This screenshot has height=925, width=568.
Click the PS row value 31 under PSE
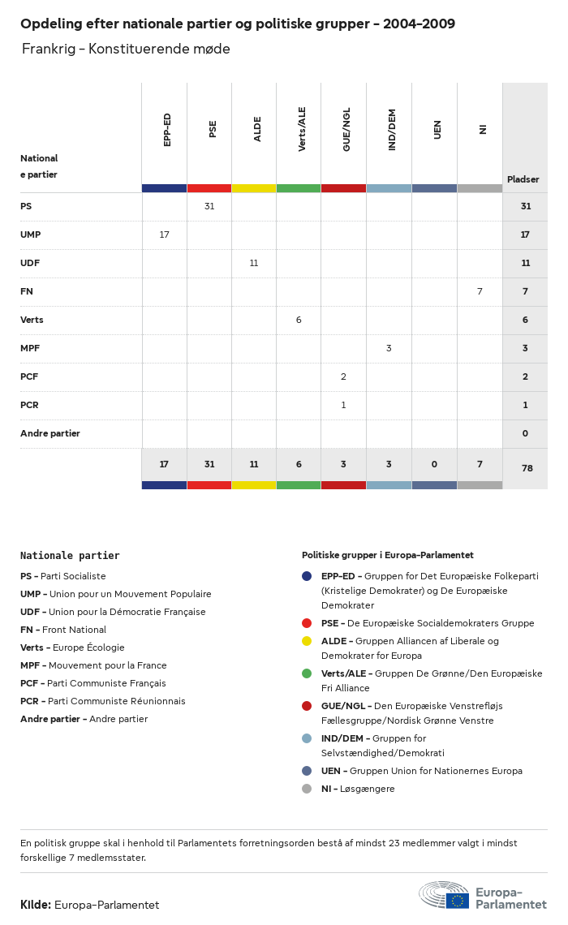(209, 206)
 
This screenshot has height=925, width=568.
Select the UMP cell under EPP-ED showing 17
(165, 234)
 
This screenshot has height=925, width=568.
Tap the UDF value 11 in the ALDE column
(254, 263)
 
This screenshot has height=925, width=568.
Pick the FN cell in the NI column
(480, 291)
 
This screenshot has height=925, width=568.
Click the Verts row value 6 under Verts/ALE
(299, 320)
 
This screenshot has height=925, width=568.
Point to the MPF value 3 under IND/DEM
(389, 348)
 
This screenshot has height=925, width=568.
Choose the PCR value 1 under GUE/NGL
(343, 405)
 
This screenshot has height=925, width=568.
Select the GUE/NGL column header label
(346, 130)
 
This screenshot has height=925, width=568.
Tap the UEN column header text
(437, 130)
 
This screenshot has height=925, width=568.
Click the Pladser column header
(523, 179)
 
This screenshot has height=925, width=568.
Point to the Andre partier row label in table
(50, 433)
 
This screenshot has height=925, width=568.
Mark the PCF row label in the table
(29, 376)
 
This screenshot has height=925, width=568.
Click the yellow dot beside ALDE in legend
(307, 641)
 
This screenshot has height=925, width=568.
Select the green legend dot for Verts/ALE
(307, 673)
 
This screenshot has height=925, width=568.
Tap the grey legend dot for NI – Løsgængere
(307, 789)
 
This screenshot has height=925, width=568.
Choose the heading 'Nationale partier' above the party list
(70, 556)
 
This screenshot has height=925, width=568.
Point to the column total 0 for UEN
(434, 465)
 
